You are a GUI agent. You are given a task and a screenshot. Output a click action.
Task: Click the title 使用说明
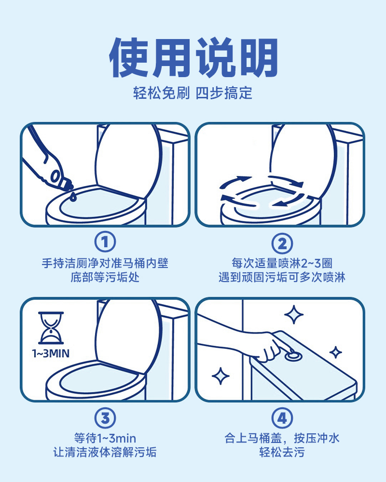193,57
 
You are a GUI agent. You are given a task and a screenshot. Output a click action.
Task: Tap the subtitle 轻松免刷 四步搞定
193,93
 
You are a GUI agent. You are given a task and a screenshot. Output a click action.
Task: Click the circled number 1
105,242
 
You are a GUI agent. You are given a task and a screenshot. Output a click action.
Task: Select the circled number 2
282,243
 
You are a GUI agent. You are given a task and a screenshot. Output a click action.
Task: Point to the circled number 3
105,418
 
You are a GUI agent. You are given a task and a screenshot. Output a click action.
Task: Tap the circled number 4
282,418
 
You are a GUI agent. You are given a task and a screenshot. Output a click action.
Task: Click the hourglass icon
51,328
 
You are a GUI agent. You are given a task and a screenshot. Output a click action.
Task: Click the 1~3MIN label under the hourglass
51,353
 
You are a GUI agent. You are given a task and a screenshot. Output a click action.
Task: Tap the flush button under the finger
293,356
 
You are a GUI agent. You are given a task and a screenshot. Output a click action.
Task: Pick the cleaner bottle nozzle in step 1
69,186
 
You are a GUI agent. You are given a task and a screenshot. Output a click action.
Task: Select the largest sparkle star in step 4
294,314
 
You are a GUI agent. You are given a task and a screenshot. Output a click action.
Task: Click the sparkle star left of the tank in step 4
221,375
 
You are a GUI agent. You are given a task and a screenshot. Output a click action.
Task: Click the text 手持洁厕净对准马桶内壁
105,264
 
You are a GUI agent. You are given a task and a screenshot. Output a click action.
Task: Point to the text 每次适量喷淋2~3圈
282,264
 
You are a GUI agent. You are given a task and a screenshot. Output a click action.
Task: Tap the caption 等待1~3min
105,438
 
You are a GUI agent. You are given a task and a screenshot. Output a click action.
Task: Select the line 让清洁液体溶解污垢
105,452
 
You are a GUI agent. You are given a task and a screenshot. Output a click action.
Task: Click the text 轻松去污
282,452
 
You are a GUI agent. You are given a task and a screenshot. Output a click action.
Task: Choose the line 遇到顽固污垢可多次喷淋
282,277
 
